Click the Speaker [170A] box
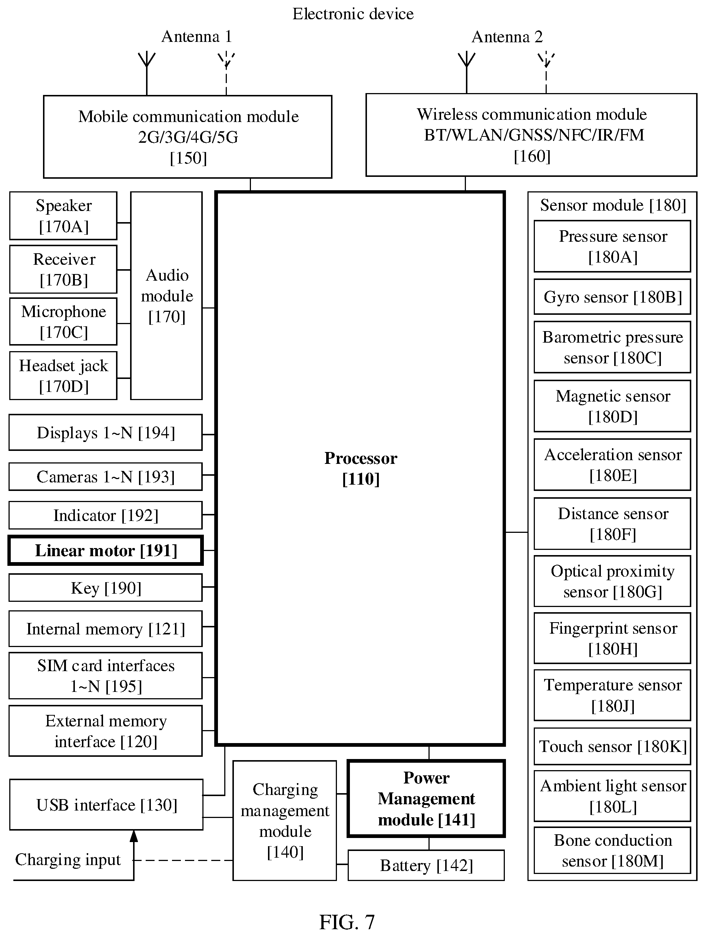point(63,215)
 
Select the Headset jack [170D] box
point(63,375)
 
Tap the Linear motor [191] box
point(105,550)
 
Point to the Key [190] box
point(105,588)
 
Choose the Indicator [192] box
point(105,515)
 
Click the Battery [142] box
point(426,865)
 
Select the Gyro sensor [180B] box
point(612,297)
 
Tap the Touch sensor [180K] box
point(612,746)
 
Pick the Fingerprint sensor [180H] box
point(612,638)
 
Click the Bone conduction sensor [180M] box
point(612,850)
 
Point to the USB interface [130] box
point(106,804)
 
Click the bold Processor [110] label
point(361,469)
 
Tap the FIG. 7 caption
point(347,922)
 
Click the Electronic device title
point(353,14)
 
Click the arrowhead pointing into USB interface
point(134,836)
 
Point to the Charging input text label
point(68,860)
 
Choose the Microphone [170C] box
point(63,321)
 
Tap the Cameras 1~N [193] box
point(105,476)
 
